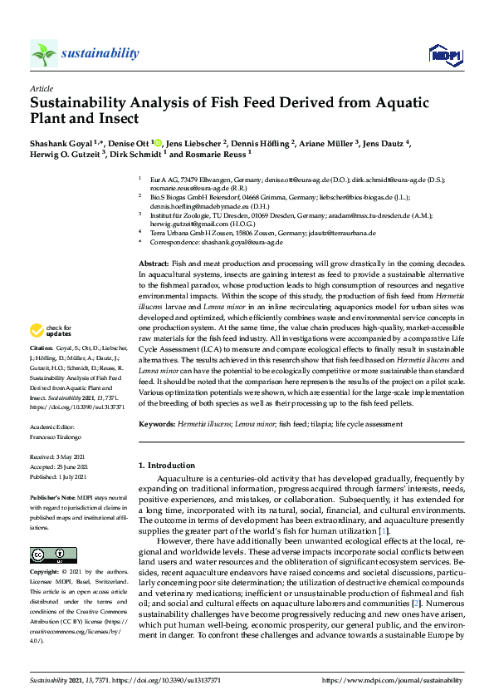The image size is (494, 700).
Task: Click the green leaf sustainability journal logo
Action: click(44, 53)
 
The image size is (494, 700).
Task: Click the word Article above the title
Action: click(41, 87)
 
